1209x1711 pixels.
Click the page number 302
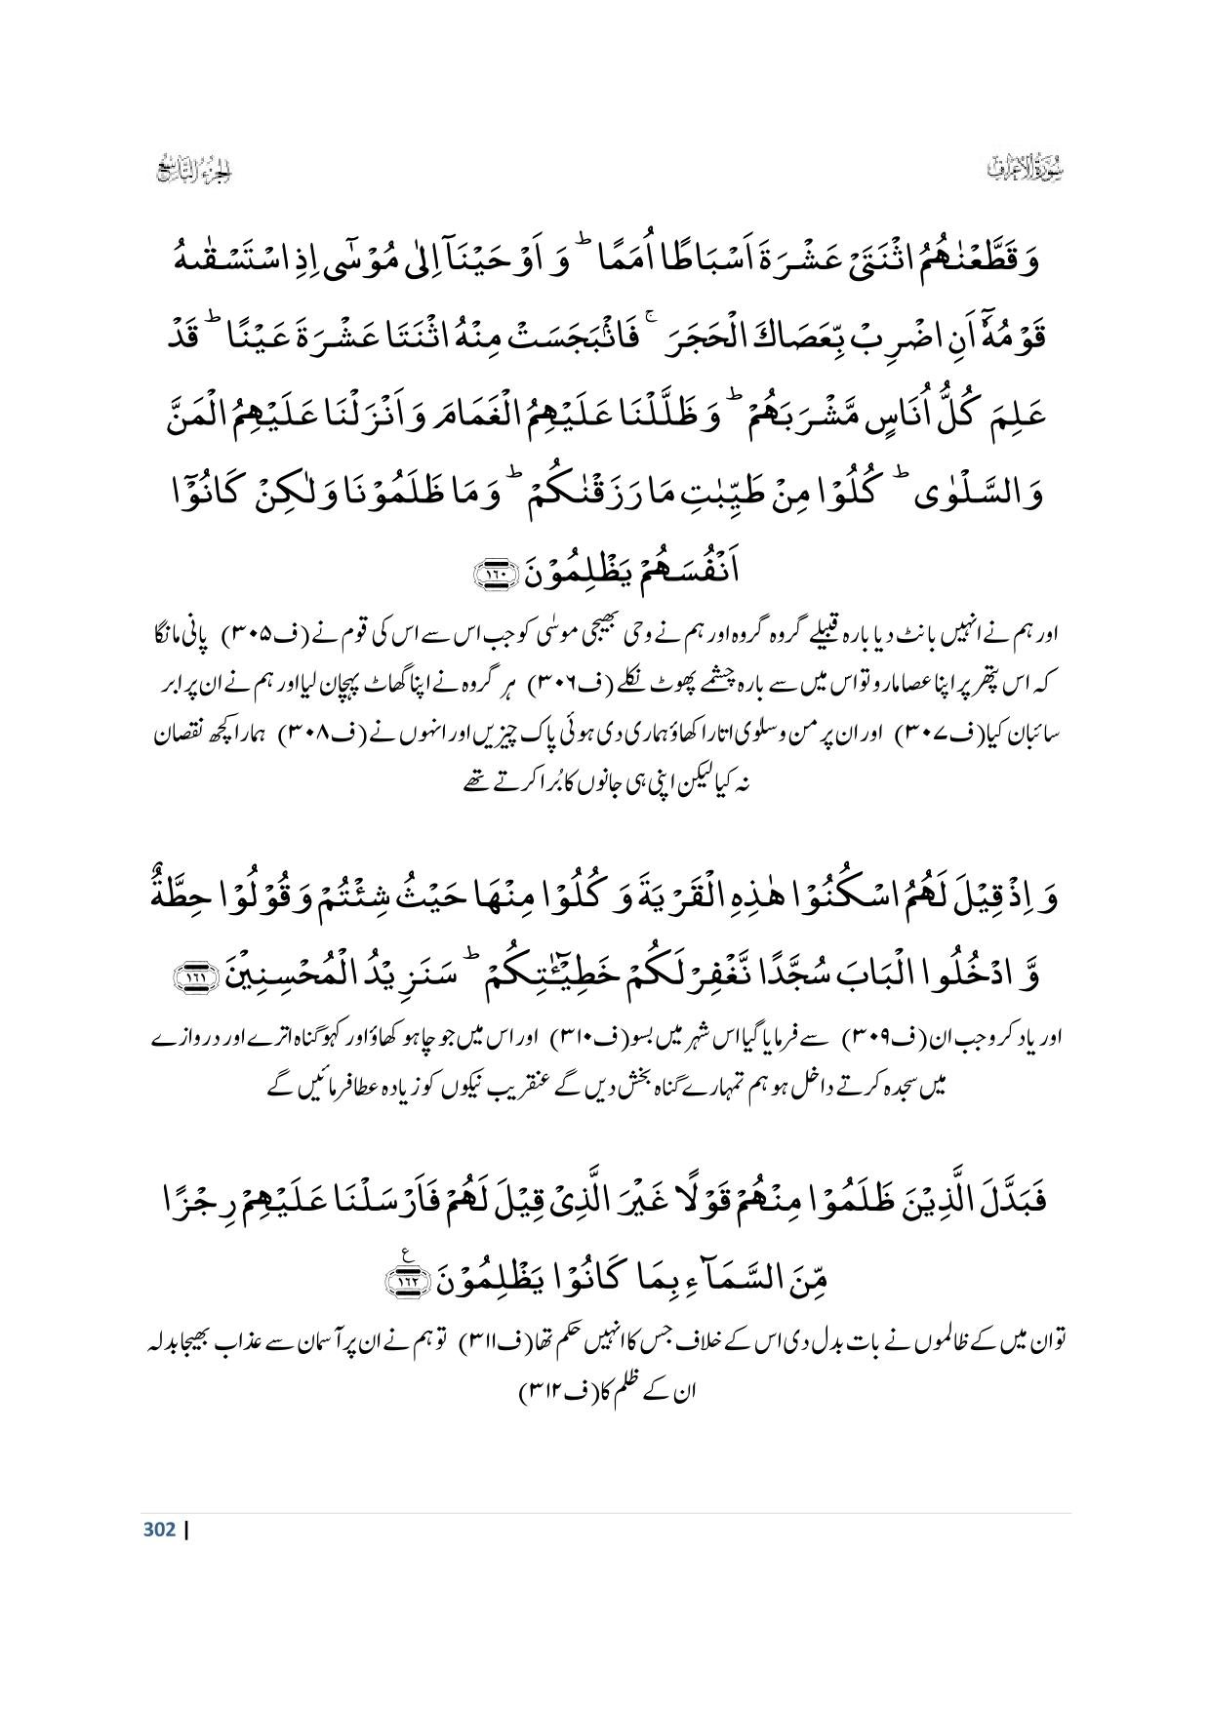[159, 1529]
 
